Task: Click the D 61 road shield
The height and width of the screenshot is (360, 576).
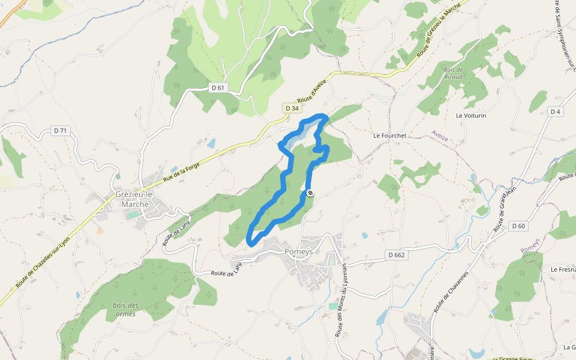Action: [218, 88]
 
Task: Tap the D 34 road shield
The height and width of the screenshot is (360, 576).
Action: [292, 108]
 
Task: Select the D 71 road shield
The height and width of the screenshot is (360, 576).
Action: [60, 130]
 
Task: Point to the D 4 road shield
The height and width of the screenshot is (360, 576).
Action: [555, 112]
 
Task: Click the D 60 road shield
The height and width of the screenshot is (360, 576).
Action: [519, 226]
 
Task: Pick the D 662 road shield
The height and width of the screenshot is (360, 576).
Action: [397, 255]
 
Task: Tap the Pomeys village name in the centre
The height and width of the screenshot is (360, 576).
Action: [298, 253]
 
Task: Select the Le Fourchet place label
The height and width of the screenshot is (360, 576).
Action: [389, 136]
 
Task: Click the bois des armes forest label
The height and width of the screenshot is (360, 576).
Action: [125, 310]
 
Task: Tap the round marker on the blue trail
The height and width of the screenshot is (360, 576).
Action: [310, 193]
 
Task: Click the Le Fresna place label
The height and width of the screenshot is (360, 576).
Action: [563, 270]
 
